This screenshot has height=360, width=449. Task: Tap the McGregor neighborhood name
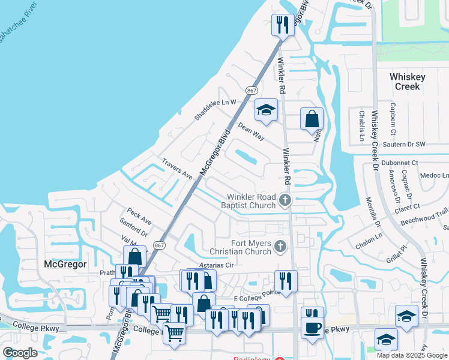(65, 264)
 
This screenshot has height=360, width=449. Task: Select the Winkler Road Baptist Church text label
(251, 201)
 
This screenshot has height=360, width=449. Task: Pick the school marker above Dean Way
(266, 110)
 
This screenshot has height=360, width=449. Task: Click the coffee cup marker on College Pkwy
(312, 328)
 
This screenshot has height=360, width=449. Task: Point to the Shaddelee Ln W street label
(215, 110)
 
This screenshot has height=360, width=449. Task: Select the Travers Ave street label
(176, 169)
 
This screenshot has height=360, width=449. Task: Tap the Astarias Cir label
(216, 265)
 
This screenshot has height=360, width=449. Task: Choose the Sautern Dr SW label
(403, 145)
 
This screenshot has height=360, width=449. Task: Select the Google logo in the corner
(20, 352)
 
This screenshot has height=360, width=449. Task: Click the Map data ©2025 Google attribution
(411, 355)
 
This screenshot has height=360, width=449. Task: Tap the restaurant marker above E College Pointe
(286, 280)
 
